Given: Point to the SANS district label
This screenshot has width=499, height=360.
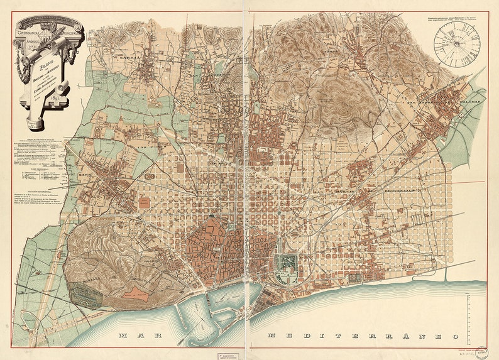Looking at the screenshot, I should point(85,176).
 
